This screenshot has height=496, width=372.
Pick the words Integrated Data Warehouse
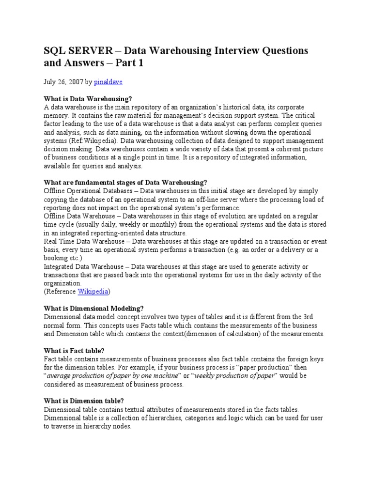click(x=85, y=266)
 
